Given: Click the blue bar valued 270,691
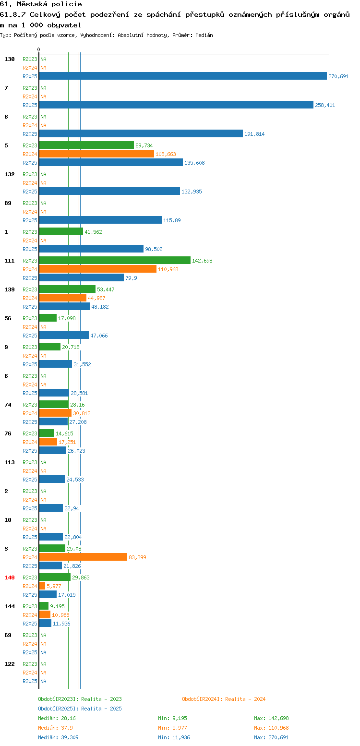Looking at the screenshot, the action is (183, 76).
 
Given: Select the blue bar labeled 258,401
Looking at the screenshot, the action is (176, 105).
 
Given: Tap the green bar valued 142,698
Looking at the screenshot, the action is (115, 261).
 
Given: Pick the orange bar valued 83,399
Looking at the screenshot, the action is (83, 557).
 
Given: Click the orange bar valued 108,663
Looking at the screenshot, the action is (96, 154).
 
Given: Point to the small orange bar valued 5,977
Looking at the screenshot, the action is (42, 586).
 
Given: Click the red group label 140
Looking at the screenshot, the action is (10, 578).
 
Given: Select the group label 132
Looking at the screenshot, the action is (10, 174).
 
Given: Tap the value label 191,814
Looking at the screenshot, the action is (254, 134).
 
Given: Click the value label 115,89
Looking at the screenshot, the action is (172, 220).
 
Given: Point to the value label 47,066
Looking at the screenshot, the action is (99, 336).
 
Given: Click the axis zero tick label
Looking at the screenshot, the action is (38, 49).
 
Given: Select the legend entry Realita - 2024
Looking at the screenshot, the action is (224, 699).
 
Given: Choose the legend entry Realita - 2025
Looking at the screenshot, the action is (80, 709).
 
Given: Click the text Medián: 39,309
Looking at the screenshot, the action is (58, 737).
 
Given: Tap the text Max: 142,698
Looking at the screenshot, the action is (271, 718).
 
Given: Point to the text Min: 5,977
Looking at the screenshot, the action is (172, 728).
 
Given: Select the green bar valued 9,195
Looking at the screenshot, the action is (44, 606).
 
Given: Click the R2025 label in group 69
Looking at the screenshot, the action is (30, 652).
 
